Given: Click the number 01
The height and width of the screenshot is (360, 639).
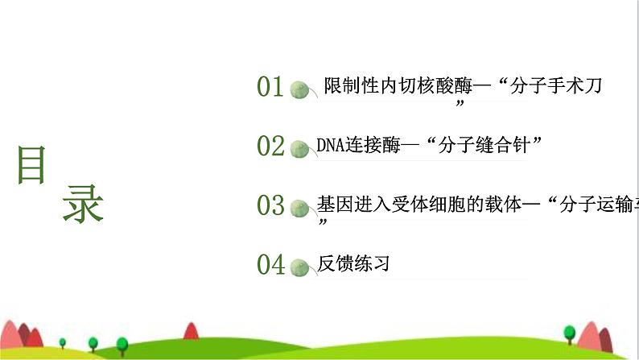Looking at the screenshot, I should click(270, 87).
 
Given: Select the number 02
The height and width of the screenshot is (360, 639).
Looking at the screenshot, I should click(270, 146).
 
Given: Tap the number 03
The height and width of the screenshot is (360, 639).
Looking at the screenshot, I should click(270, 205).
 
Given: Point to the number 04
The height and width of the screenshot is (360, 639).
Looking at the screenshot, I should click(270, 264).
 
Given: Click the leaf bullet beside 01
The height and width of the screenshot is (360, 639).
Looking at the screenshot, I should click(301, 89).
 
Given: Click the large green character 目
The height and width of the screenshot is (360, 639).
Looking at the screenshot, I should click(31, 167).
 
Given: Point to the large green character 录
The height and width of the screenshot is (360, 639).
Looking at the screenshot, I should click(83, 204).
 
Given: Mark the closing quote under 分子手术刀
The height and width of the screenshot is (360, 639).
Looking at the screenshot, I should click(460, 105).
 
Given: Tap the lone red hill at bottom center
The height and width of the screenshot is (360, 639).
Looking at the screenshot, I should click(192, 330).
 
